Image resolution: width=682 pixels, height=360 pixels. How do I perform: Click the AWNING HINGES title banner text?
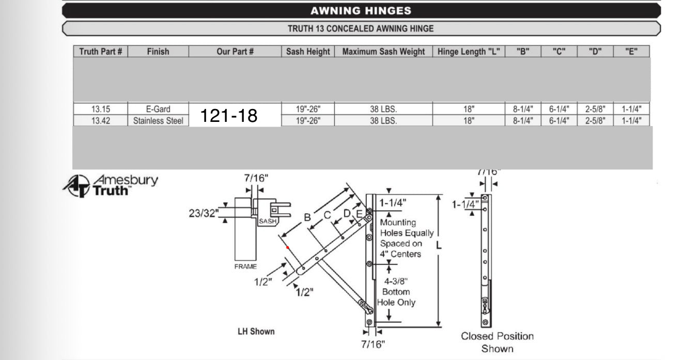pyautogui.click(x=361, y=11)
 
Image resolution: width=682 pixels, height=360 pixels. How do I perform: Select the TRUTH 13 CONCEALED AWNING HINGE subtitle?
pyautogui.click(x=361, y=28)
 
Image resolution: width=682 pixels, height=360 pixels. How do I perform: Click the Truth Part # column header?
pyautogui.click(x=100, y=52)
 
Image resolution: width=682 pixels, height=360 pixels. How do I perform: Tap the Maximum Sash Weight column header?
pyautogui.click(x=383, y=52)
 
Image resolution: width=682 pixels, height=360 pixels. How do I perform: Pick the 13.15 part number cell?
pyautogui.click(x=100, y=109)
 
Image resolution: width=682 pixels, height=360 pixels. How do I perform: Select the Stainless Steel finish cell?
pyautogui.click(x=158, y=121)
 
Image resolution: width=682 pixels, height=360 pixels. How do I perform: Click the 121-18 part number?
pyautogui.click(x=229, y=116)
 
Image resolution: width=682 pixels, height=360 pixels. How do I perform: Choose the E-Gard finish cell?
pyautogui.click(x=158, y=109)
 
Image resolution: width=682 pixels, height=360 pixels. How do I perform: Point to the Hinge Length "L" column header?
pyautogui.click(x=469, y=52)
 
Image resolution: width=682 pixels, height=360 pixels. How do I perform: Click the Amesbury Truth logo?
pyautogui.click(x=110, y=185)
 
